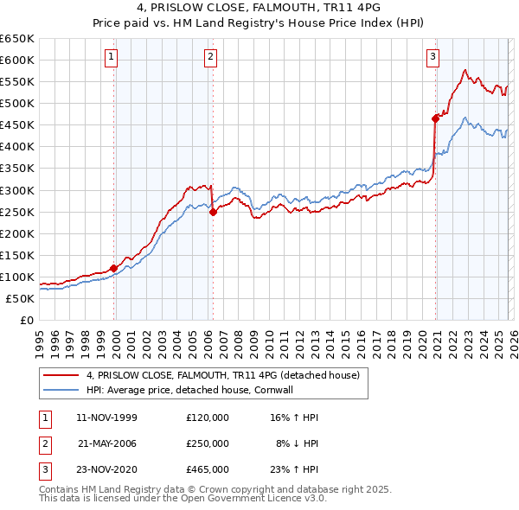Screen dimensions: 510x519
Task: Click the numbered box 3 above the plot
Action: pyautogui.click(x=433, y=58)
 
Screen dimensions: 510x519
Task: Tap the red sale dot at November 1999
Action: pyautogui.click(x=113, y=268)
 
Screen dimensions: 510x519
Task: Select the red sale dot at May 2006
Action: pyautogui.click(x=213, y=212)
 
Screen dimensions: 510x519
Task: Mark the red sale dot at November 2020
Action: pyautogui.click(x=435, y=118)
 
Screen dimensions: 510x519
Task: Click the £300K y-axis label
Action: pyautogui.click(x=17, y=190)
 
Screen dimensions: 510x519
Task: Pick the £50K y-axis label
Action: pyautogui.click(x=20, y=298)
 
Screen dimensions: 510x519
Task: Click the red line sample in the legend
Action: pyautogui.click(x=61, y=375)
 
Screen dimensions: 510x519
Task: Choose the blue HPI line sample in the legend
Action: pyautogui.click(x=61, y=390)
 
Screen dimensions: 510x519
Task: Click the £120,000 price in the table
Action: pyautogui.click(x=208, y=417)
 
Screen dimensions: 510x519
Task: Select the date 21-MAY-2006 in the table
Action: pyautogui.click(x=107, y=443)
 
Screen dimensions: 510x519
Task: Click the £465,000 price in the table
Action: pyautogui.click(x=208, y=470)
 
